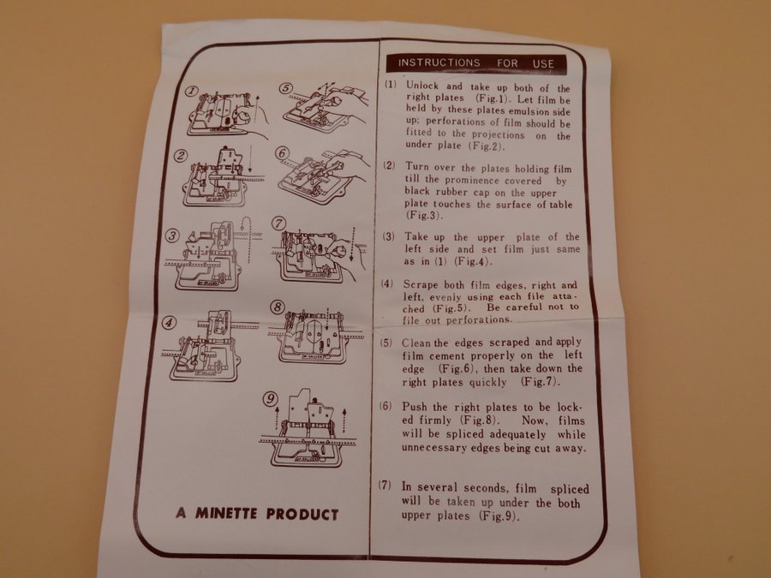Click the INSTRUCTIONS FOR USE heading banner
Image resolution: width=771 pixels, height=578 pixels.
pyautogui.click(x=476, y=63)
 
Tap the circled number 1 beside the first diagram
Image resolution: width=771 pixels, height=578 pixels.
pyautogui.click(x=192, y=91)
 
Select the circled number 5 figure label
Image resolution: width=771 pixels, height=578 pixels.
pyautogui.click(x=286, y=88)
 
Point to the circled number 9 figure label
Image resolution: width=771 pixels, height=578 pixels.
pyautogui.click(x=270, y=399)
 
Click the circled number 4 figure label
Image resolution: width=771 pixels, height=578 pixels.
pyautogui.click(x=170, y=323)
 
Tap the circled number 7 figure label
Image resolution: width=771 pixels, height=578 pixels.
pyautogui.click(x=279, y=223)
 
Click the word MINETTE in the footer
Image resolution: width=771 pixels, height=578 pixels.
pyautogui.click(x=226, y=514)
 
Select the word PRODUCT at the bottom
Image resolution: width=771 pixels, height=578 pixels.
pyautogui.click(x=302, y=515)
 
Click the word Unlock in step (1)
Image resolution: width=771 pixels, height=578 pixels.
pyautogui.click(x=421, y=86)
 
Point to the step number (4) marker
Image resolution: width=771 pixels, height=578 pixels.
pyautogui.click(x=387, y=284)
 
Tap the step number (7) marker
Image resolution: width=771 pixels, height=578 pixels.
pyautogui.click(x=385, y=486)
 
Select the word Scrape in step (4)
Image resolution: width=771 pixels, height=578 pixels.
pyautogui.click(x=421, y=284)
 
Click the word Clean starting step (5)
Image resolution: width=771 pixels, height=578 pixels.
pyautogui.click(x=416, y=343)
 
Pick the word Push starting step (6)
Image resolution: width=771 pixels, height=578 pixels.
pyautogui.click(x=414, y=407)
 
